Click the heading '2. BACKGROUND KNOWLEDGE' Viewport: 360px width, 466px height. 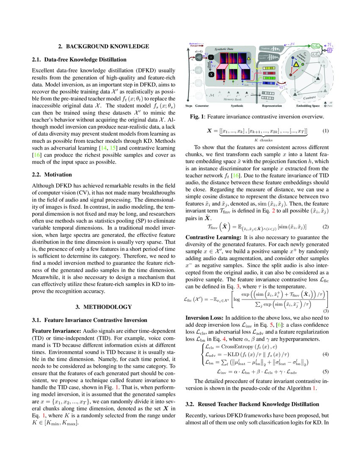(103, 46)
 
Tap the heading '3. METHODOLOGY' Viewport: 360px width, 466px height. (103, 294)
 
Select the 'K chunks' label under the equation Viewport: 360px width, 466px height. (263, 140)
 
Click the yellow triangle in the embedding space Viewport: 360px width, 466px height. (297, 64)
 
